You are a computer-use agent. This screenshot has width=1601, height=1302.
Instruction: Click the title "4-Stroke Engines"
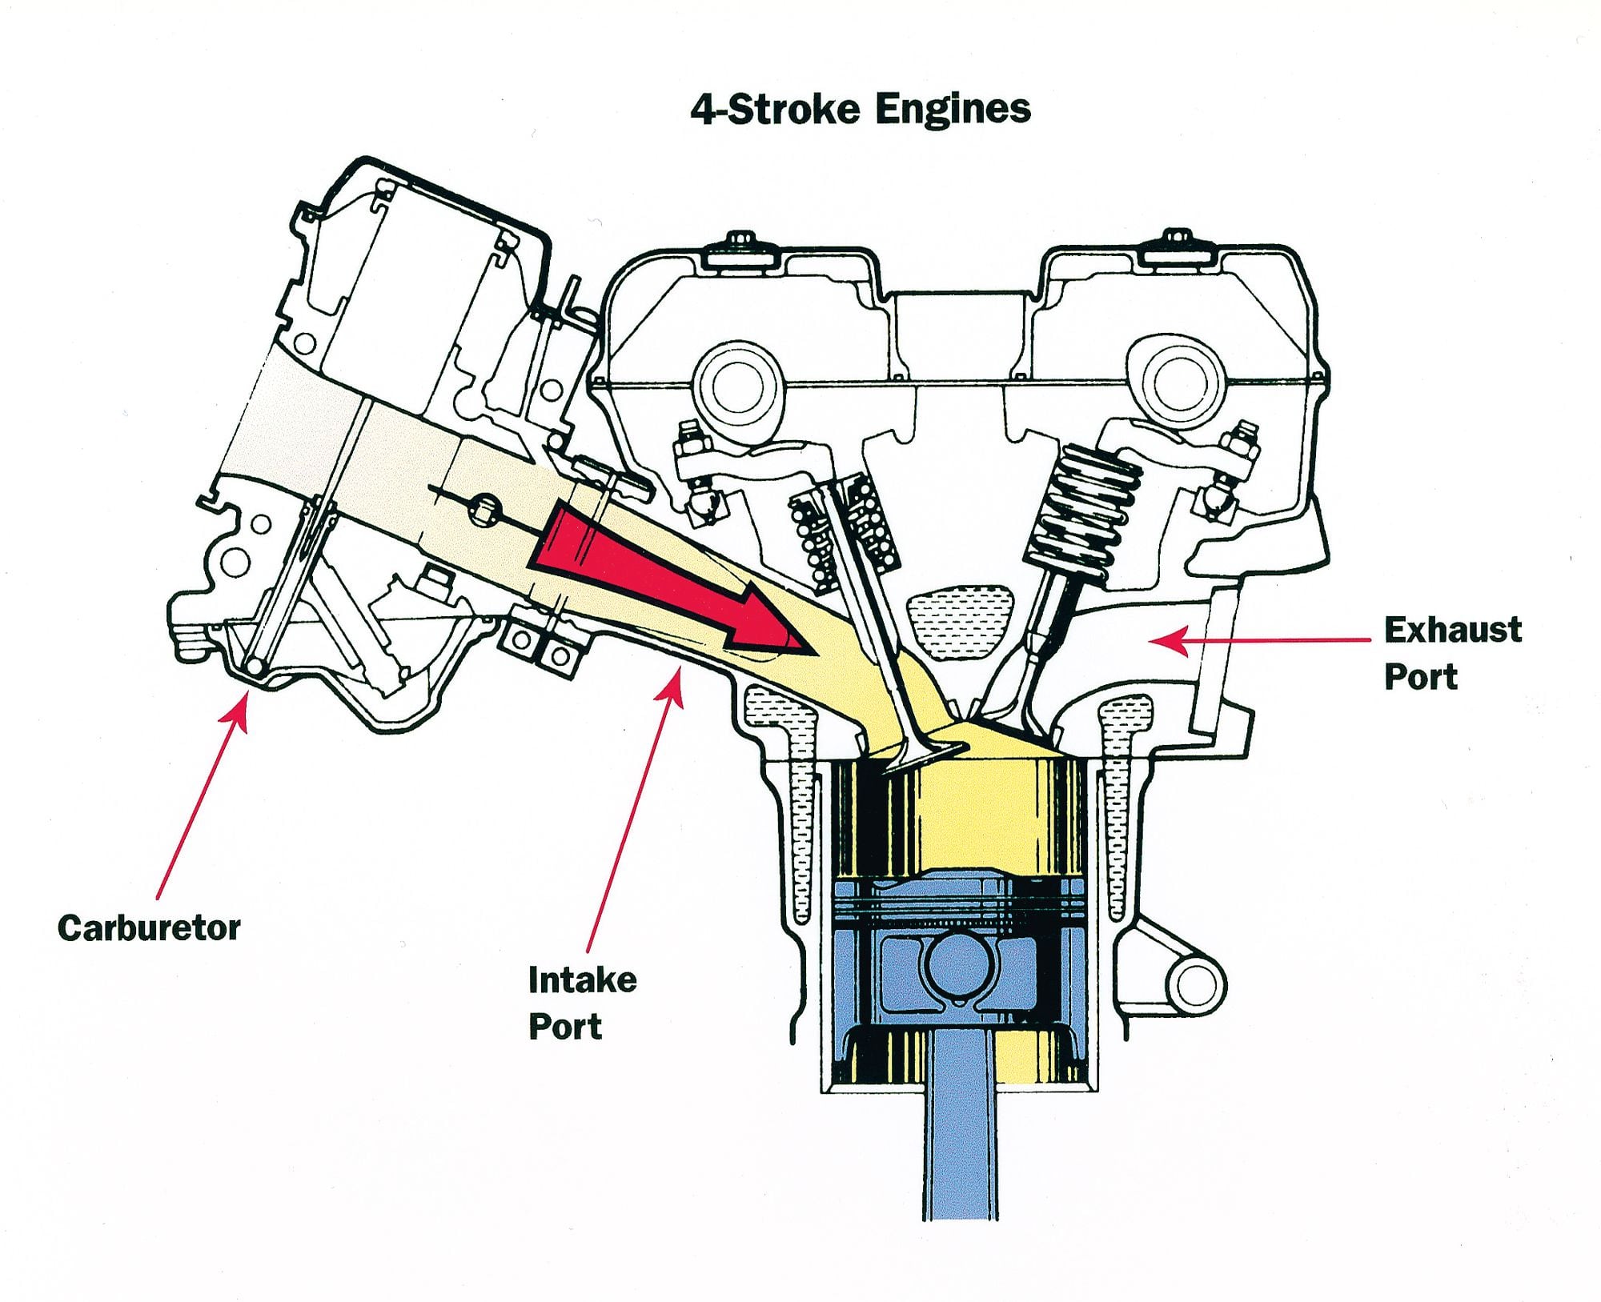pyautogui.click(x=860, y=110)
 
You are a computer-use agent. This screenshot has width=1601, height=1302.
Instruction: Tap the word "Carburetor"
pyautogui.click(x=149, y=928)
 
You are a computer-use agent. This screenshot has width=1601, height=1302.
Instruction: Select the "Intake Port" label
pyautogui.click(x=582, y=1003)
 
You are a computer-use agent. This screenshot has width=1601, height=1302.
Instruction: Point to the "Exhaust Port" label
pyautogui.click(x=1452, y=653)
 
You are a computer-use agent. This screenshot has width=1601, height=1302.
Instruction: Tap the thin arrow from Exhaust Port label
pyautogui.click(x=1265, y=640)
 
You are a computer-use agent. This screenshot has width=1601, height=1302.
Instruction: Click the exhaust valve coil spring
pyautogui.click(x=1085, y=504)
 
